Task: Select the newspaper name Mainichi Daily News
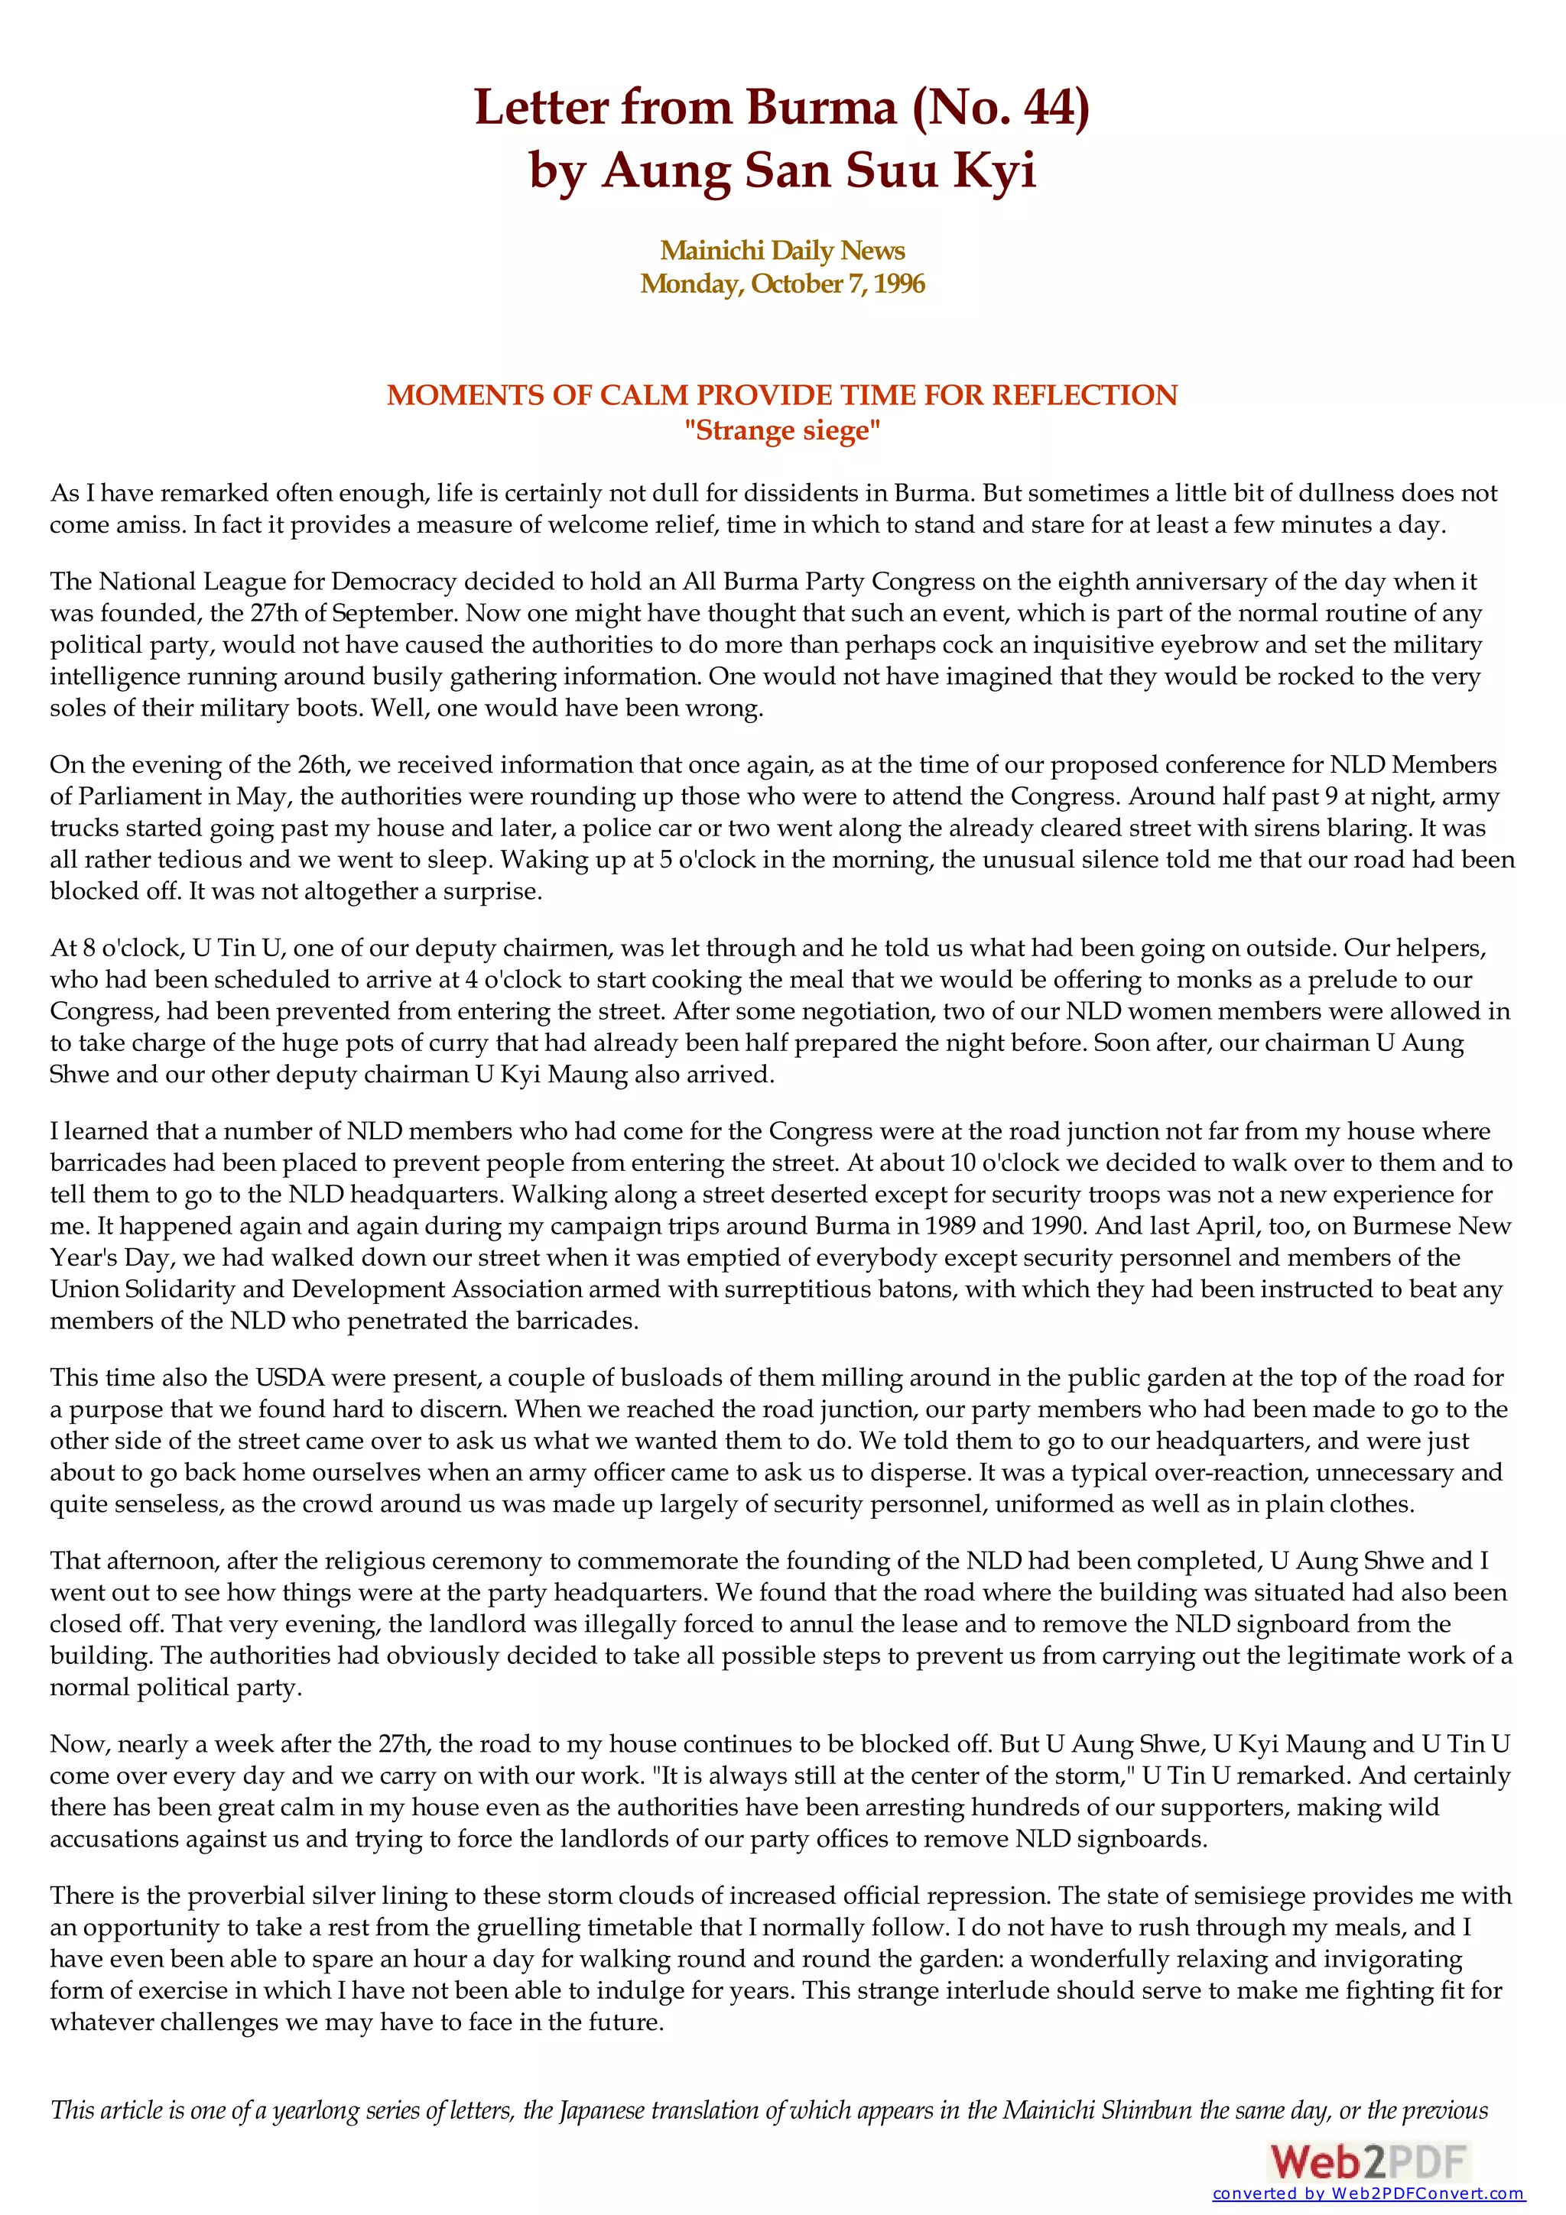(x=782, y=250)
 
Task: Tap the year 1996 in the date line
(x=899, y=284)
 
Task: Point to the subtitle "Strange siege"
(x=782, y=430)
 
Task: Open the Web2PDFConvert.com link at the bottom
(x=1368, y=2194)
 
